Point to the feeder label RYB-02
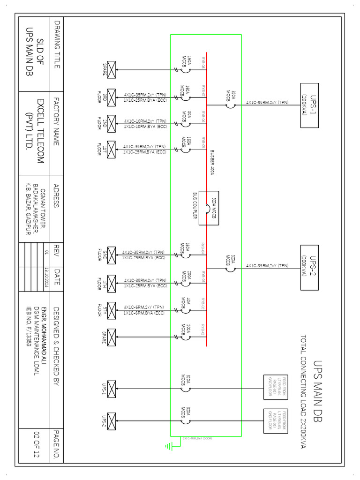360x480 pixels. [x=203, y=305]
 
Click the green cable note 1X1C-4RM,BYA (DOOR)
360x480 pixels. [x=197, y=439]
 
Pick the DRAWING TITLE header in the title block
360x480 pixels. [x=57, y=45]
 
